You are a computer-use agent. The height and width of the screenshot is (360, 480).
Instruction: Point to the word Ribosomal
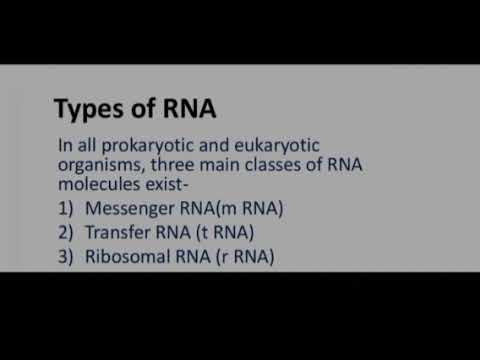coord(128,256)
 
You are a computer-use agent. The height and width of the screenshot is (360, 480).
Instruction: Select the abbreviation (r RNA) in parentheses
coord(240,256)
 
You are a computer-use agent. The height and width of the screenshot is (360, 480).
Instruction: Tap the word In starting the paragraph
coord(65,146)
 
